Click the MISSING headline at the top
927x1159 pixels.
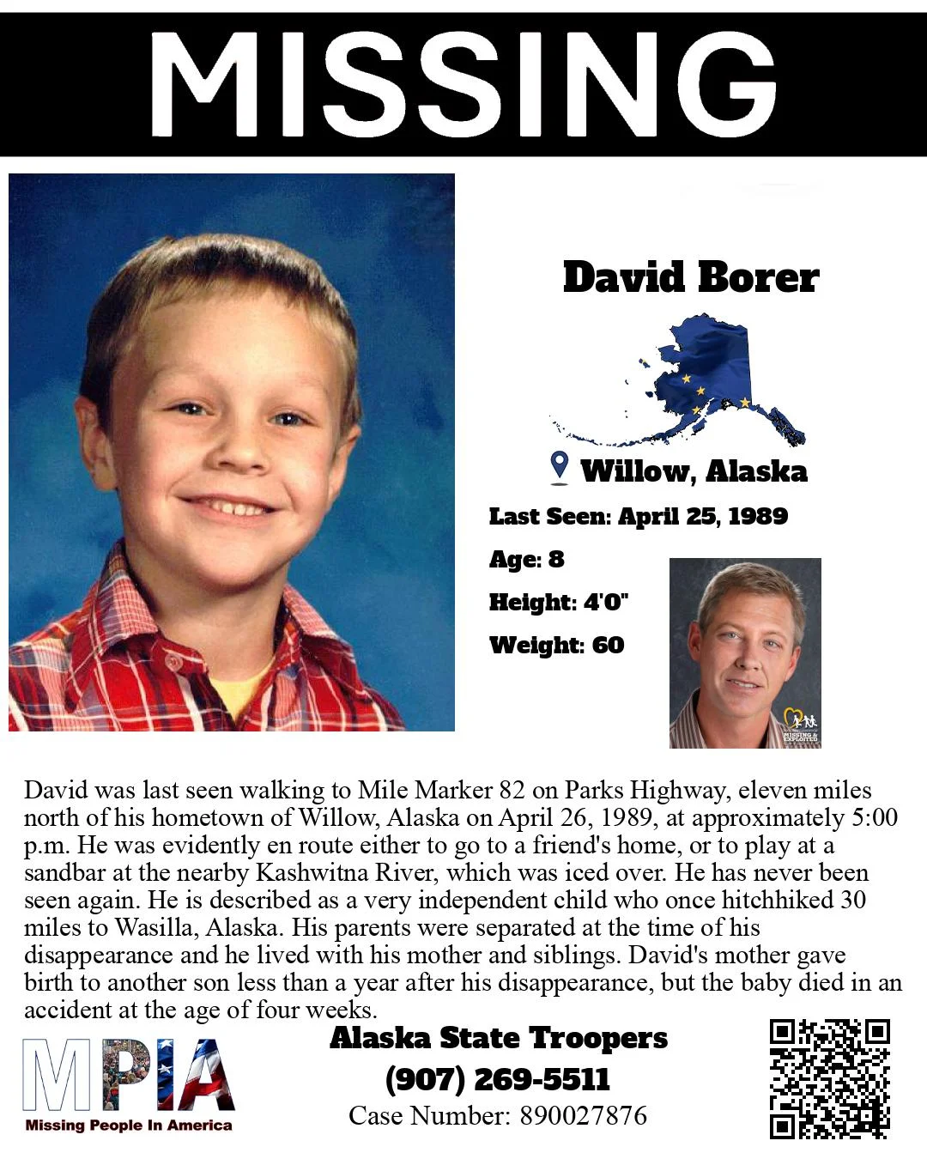coord(463,83)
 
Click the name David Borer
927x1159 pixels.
coord(691,277)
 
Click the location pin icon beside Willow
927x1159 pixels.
coord(559,466)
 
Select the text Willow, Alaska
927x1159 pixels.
coord(694,471)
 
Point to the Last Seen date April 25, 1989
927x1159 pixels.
coord(703,516)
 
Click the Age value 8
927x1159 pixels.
coord(556,560)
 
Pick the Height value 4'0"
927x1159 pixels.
coord(606,602)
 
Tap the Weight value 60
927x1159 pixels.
coord(608,645)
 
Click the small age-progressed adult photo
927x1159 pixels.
coord(744,652)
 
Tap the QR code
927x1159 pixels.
coord(829,1078)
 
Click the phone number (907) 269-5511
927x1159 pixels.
coord(498,1078)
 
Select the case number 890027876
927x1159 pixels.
coord(583,1115)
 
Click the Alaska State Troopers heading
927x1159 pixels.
coord(498,1038)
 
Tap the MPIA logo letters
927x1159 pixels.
coord(129,1074)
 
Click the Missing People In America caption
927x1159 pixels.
coord(129,1126)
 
